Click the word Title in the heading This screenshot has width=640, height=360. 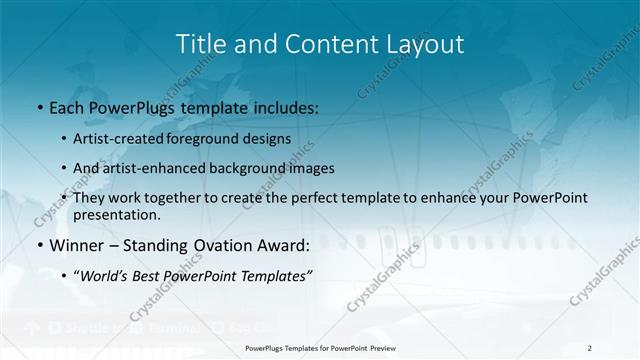[x=198, y=44]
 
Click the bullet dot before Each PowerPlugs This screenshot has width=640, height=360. [x=39, y=105]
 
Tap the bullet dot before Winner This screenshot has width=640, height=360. [x=39, y=245]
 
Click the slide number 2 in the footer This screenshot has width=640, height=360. [x=590, y=348]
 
